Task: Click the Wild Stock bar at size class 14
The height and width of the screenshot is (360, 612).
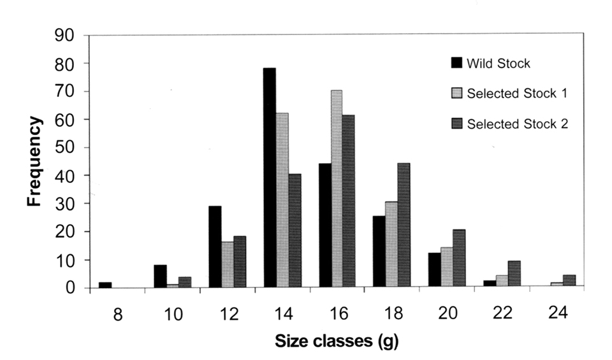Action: coord(270,178)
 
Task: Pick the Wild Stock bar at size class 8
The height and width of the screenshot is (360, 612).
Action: coord(105,285)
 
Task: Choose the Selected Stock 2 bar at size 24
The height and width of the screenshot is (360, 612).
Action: coord(569,282)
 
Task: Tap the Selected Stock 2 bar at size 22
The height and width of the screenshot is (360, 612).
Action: coord(514,275)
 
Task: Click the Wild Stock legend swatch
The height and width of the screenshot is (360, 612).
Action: coord(456,62)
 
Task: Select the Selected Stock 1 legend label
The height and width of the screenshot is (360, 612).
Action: coord(517,94)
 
